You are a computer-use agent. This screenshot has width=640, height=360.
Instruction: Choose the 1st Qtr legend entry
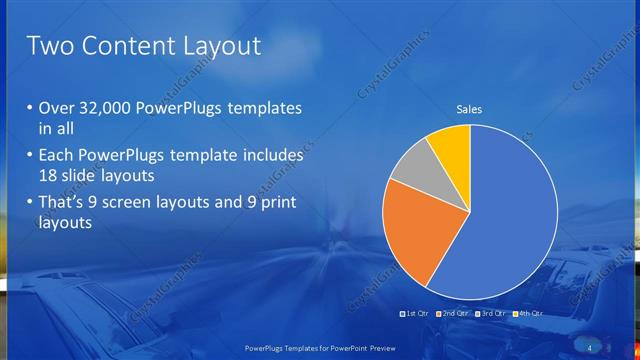click(414, 314)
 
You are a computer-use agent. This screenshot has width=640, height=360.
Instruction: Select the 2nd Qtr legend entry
click(456, 314)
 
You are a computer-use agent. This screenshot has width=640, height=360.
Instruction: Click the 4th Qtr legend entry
click(529, 314)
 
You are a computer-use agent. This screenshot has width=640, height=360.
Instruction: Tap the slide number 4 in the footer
click(589, 346)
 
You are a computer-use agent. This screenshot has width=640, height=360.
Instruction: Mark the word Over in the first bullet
click(56, 109)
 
